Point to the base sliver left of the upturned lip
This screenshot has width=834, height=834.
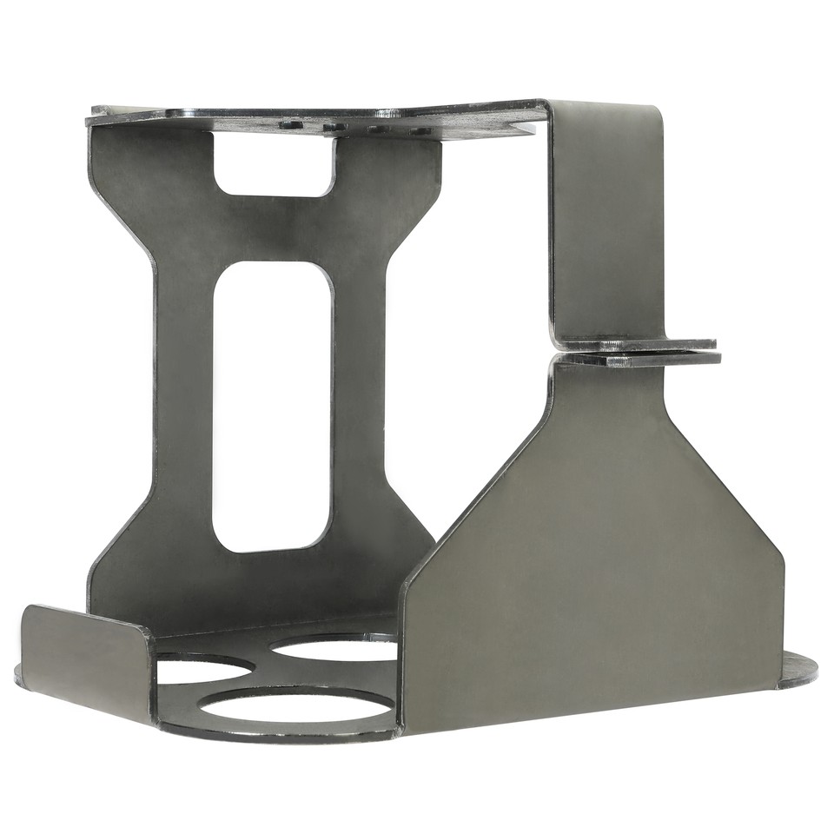coord(18,674)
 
